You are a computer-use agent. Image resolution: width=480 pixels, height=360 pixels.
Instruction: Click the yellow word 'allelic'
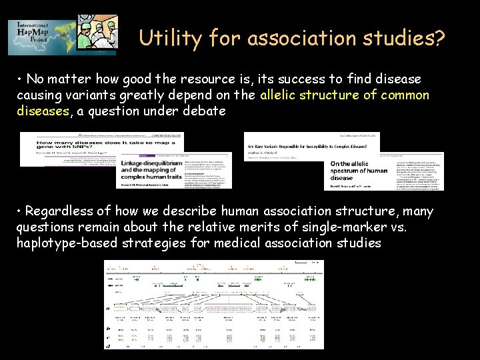[x=282, y=95]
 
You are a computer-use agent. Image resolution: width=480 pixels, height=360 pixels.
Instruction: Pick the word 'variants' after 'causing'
[x=88, y=95]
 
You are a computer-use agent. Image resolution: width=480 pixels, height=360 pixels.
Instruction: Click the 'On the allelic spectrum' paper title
[x=359, y=170]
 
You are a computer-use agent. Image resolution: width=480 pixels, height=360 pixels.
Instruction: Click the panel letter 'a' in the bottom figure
[x=109, y=309]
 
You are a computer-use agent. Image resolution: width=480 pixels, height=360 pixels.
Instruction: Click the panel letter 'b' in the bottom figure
[x=109, y=329]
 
